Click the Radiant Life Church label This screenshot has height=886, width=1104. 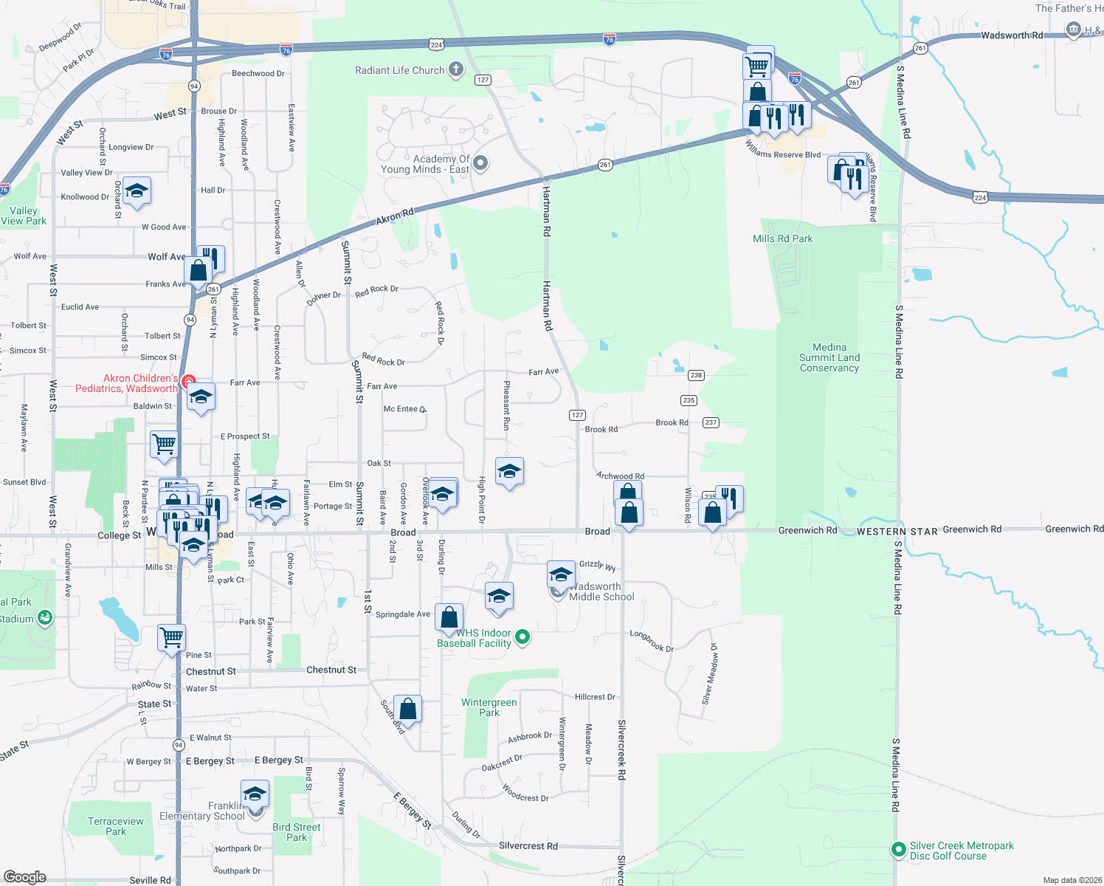[399, 71]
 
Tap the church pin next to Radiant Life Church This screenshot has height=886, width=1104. [456, 70]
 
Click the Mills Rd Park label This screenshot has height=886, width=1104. [782, 238]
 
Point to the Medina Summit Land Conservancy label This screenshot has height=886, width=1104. [829, 357]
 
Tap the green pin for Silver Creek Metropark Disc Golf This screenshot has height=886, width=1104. [898, 850]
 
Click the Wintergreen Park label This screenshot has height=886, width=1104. [489, 707]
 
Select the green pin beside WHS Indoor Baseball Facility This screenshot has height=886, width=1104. [522, 636]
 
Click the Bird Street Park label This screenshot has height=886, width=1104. [296, 832]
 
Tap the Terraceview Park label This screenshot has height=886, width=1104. [116, 826]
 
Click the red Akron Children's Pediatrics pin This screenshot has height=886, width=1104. [189, 382]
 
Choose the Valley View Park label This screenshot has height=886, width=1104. [24, 216]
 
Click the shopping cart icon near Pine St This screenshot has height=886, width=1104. [172, 636]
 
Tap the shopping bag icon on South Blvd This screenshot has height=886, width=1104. [408, 710]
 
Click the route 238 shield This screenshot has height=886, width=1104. [696, 375]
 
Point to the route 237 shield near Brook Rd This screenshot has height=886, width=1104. [711, 422]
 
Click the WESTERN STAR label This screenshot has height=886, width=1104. [897, 532]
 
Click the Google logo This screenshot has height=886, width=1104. [25, 877]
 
